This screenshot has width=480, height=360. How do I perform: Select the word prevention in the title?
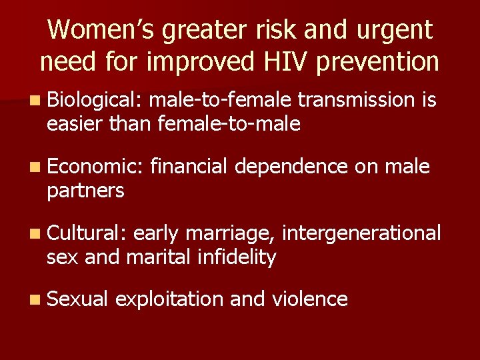(x=377, y=62)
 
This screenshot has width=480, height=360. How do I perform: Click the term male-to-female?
(x=220, y=100)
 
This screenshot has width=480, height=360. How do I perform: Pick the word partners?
(x=85, y=191)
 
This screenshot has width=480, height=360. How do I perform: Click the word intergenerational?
(x=361, y=233)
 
